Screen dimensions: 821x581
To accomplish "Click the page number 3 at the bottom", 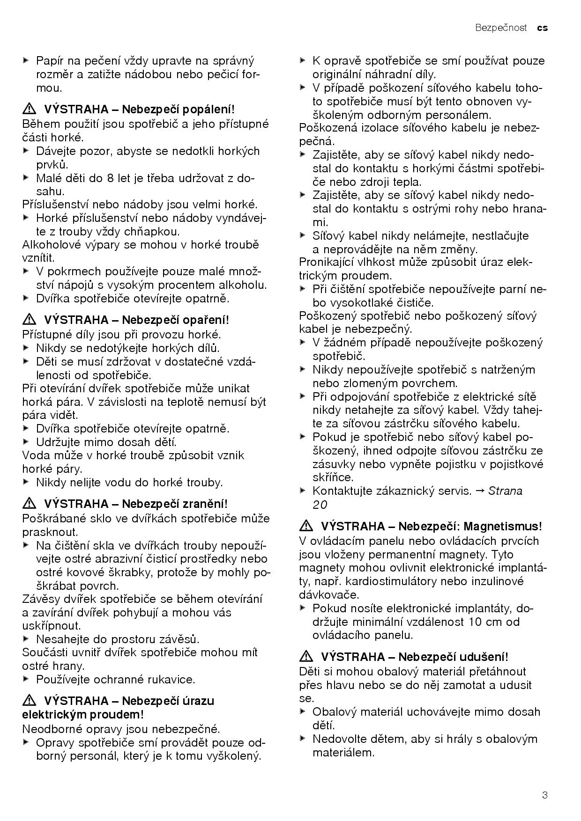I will click(544, 795).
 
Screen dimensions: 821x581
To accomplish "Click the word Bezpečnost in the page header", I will click(501, 28).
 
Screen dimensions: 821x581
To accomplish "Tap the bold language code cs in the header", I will click(542, 28).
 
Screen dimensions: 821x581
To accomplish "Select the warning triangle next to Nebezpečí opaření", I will click(30, 320).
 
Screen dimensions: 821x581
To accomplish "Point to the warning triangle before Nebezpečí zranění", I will click(30, 504).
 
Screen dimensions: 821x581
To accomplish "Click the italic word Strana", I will click(505, 491).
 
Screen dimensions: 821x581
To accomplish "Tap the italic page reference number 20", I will click(320, 505).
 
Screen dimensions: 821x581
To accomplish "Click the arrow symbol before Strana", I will click(480, 491).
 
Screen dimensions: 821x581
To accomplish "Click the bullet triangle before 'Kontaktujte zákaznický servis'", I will click(302, 491).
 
